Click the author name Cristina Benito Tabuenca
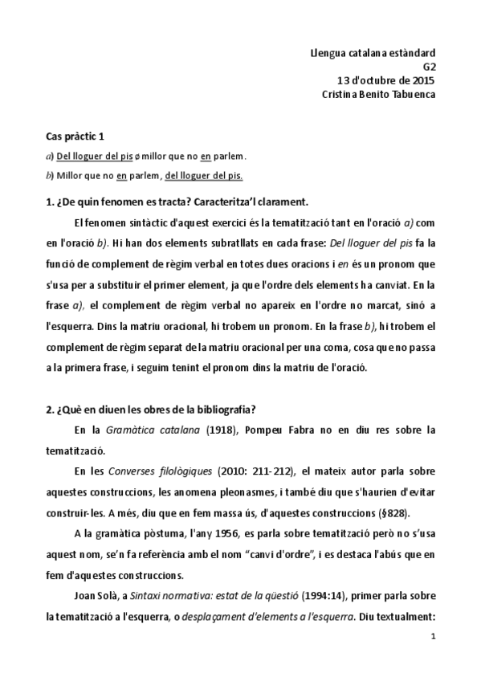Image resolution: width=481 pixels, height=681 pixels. pos(377,93)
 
